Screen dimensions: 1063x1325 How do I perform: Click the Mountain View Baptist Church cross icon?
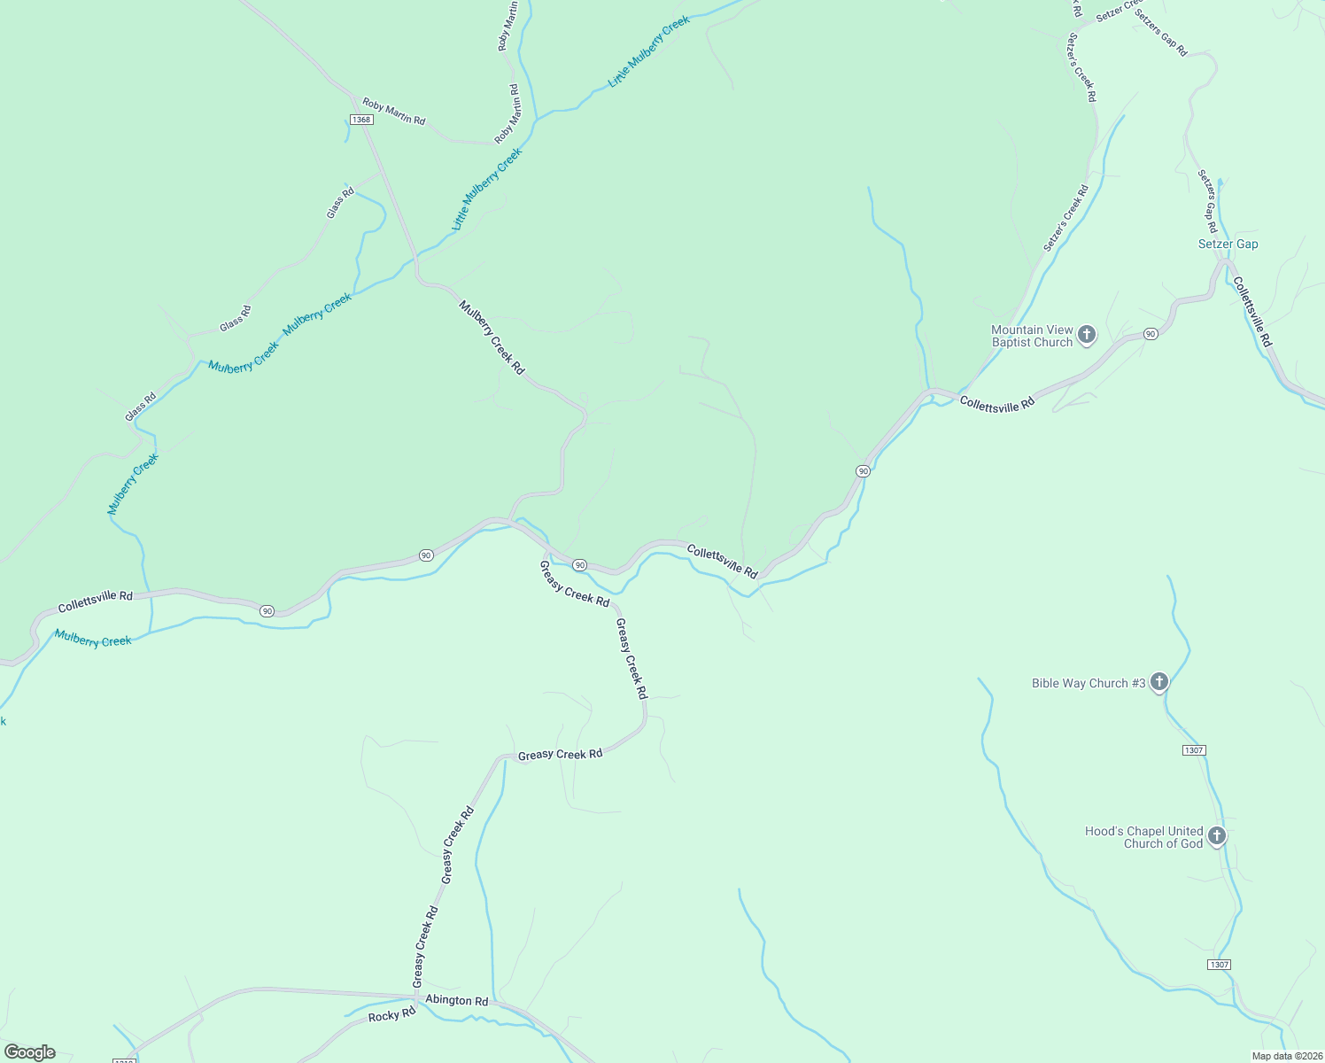click(1087, 335)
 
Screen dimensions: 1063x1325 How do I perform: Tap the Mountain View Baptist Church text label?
click(1032, 336)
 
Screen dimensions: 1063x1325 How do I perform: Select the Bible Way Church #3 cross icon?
click(1159, 682)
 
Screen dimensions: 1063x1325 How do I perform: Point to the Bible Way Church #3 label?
click(1089, 683)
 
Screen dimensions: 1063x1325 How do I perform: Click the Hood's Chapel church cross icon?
click(1217, 835)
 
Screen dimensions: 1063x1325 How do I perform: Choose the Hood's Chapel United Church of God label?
click(1143, 837)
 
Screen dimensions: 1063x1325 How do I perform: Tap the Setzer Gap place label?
click(1228, 244)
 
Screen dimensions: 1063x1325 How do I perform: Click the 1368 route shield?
click(360, 120)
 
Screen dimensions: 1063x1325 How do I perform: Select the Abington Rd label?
click(456, 1000)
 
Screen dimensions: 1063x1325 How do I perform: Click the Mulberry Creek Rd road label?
click(492, 337)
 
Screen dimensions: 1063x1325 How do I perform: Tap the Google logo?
click(30, 1052)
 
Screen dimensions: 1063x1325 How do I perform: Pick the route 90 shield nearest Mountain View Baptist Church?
click(1150, 334)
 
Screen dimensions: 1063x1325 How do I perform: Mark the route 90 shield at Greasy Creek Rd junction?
click(579, 564)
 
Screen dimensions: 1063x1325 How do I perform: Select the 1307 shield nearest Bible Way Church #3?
click(1193, 750)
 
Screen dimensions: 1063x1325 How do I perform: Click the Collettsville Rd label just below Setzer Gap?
click(1251, 312)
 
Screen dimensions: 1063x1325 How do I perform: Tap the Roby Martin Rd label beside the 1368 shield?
click(393, 112)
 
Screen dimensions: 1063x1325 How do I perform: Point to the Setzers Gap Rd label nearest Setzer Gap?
click(1208, 201)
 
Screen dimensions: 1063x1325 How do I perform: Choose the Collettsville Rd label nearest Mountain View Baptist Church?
click(996, 403)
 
